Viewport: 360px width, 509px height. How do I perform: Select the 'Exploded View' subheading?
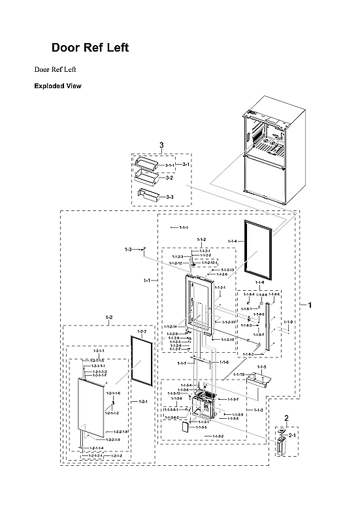coord(57,86)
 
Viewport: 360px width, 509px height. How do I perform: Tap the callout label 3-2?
coord(169,177)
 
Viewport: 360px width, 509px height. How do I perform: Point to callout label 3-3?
coord(169,197)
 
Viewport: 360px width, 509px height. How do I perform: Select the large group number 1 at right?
coord(310,305)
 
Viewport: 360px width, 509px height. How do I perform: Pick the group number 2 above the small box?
coord(286,418)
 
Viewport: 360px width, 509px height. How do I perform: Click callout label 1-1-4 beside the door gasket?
coord(232,242)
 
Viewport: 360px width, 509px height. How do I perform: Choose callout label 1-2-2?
coord(140,332)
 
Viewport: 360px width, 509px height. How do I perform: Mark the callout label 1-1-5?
coord(261,368)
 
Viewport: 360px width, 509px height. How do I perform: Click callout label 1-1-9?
coord(289,322)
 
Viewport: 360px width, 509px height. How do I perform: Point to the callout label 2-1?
coord(293,435)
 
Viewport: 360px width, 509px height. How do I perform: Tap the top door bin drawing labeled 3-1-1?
coord(147,163)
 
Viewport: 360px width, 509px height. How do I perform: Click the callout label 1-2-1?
coord(142,402)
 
